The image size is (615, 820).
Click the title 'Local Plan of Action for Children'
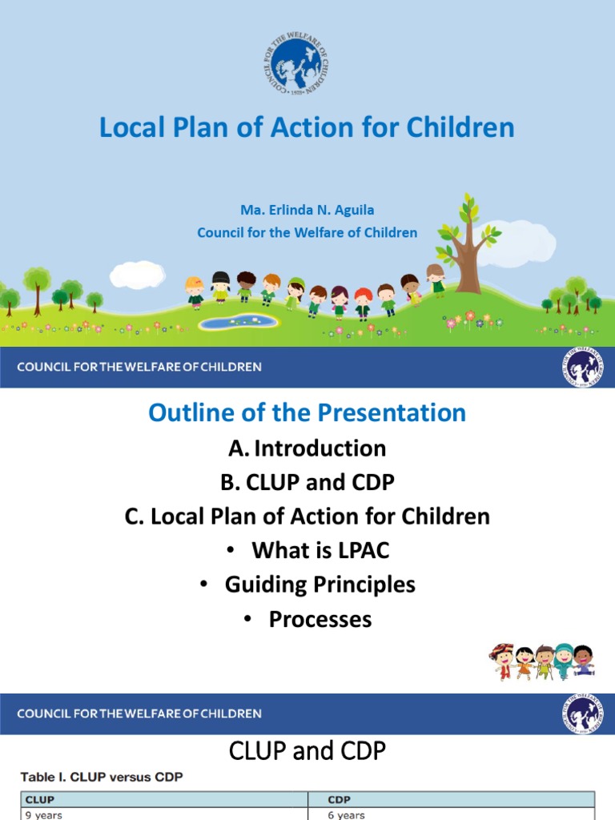[x=307, y=127]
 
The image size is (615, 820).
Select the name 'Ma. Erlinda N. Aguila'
[x=307, y=210]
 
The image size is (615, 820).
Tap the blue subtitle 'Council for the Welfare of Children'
[x=307, y=233]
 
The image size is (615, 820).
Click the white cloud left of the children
[x=137, y=275]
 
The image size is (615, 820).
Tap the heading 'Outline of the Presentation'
[x=307, y=412]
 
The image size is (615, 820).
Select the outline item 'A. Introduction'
[x=307, y=448]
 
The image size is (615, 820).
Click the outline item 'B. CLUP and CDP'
[x=307, y=483]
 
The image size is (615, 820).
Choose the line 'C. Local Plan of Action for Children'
[x=307, y=517]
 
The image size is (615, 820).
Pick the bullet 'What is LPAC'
[x=320, y=550]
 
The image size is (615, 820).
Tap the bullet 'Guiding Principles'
[x=320, y=585]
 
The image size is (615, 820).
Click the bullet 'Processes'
[x=320, y=619]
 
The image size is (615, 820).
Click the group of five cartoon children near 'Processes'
[x=542, y=661]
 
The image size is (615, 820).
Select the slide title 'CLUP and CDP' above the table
[x=307, y=751]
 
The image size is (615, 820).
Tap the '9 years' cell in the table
[x=43, y=814]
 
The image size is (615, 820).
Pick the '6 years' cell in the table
[x=346, y=814]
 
